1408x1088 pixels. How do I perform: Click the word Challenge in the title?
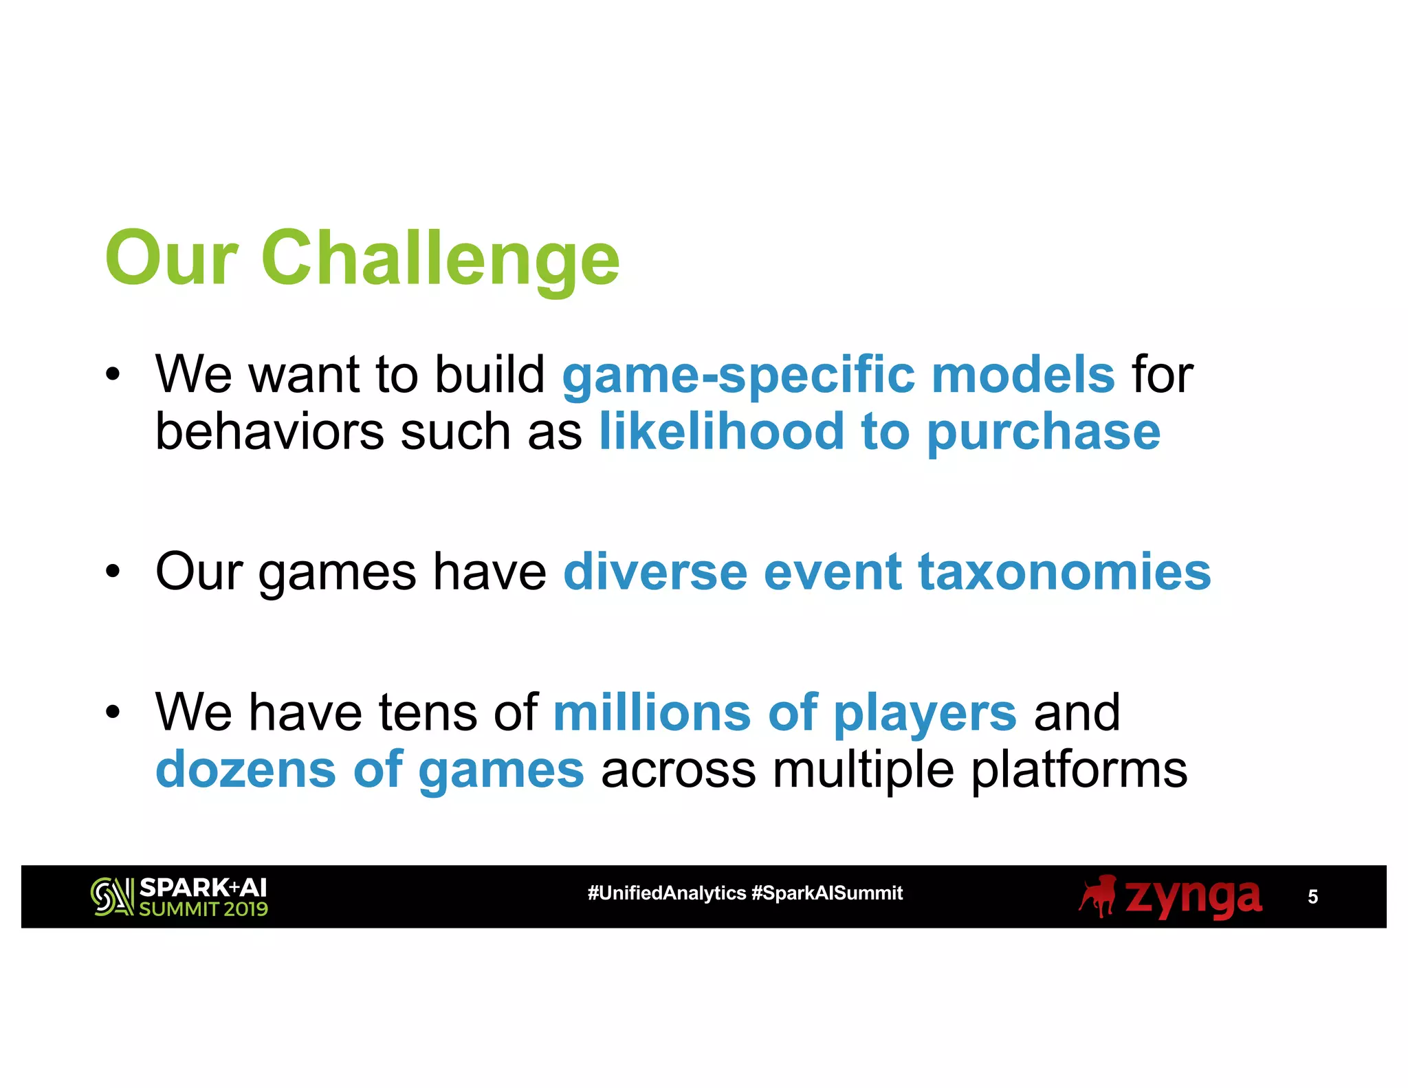(x=440, y=259)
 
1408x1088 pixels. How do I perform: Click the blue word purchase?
(x=1044, y=433)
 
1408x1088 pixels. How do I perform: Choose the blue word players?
(x=925, y=714)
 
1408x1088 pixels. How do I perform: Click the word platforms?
(x=1079, y=770)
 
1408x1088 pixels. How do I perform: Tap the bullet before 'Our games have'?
(x=113, y=572)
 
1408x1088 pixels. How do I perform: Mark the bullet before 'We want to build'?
(x=113, y=375)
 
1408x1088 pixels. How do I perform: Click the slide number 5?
(x=1312, y=897)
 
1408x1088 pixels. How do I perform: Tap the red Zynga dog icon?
(x=1098, y=896)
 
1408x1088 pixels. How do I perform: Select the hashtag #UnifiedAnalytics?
(x=666, y=893)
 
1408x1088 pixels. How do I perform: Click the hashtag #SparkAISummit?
(x=827, y=893)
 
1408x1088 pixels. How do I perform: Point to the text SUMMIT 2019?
(x=203, y=909)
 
